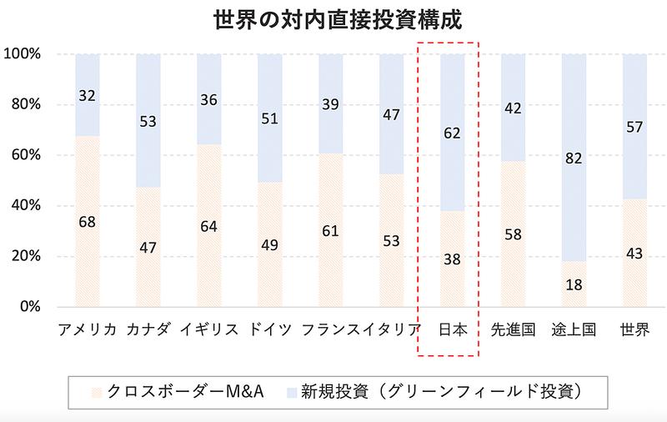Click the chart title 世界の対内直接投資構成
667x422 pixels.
click(x=333, y=18)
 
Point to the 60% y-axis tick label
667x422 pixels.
click(x=25, y=155)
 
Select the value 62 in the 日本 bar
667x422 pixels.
click(x=452, y=133)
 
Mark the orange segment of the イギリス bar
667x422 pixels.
click(x=209, y=250)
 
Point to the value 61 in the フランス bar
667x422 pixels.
click(x=331, y=230)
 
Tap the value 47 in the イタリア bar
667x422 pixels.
click(x=392, y=115)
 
